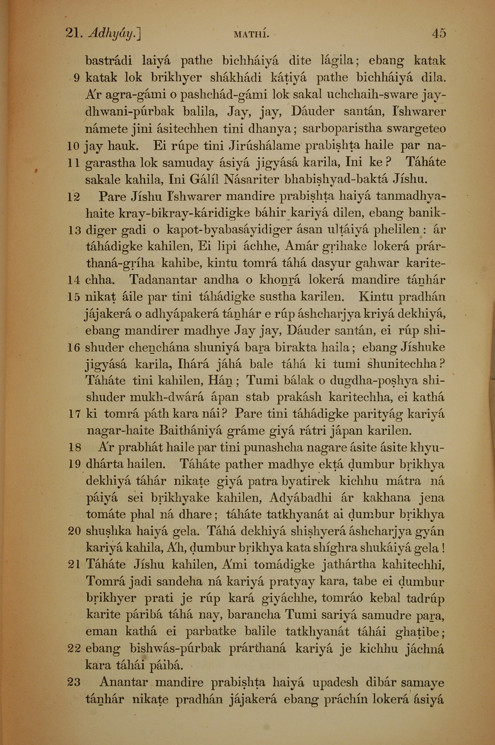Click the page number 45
[x=439, y=33]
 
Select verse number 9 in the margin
[x=76, y=78]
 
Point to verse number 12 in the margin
[x=74, y=198]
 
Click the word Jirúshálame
[x=265, y=146]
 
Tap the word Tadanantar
[x=163, y=280]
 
